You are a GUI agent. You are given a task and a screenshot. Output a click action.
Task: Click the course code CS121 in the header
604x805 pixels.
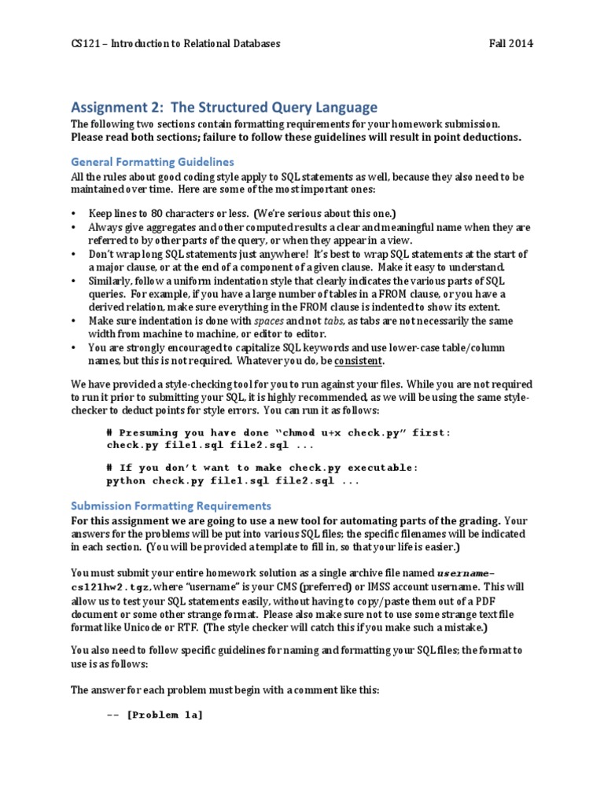(x=85, y=44)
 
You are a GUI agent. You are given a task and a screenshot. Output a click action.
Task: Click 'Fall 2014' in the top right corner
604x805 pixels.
(x=510, y=44)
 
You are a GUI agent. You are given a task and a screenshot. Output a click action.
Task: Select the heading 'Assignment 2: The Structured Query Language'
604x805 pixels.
(x=224, y=108)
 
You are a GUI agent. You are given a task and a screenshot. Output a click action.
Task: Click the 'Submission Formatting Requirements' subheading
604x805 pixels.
(x=171, y=505)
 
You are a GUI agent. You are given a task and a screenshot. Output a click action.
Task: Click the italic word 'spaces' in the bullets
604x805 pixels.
(x=267, y=322)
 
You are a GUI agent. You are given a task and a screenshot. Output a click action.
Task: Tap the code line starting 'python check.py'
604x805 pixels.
(x=232, y=480)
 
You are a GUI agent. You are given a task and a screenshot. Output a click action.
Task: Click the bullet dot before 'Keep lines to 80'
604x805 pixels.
(x=74, y=214)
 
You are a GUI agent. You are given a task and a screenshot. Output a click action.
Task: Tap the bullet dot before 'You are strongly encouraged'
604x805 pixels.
(x=74, y=347)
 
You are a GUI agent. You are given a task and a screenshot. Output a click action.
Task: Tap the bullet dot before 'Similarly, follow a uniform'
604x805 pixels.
(x=74, y=281)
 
